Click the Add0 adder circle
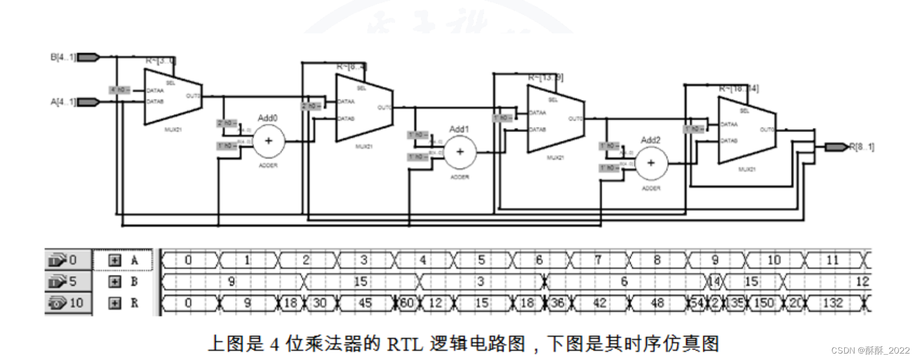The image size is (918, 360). [x=269, y=141]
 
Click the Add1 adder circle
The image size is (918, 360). [x=460, y=152]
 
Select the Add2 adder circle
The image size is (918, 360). [x=651, y=163]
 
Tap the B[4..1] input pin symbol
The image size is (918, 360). [x=88, y=57]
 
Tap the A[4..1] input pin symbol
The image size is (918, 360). [x=88, y=102]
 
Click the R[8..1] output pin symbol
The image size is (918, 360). [x=836, y=147]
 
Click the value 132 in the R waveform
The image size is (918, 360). [x=832, y=303]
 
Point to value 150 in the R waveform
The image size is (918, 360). [x=764, y=303]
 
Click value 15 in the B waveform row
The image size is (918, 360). [x=361, y=281]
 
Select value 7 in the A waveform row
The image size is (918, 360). [x=598, y=260]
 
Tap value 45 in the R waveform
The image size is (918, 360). [x=365, y=303]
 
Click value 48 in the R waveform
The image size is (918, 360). [x=657, y=303]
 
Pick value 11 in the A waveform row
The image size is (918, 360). [x=832, y=260]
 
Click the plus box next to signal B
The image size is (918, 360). [x=115, y=281]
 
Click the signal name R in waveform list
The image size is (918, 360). [x=135, y=303]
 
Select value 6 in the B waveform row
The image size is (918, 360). [x=624, y=281]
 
